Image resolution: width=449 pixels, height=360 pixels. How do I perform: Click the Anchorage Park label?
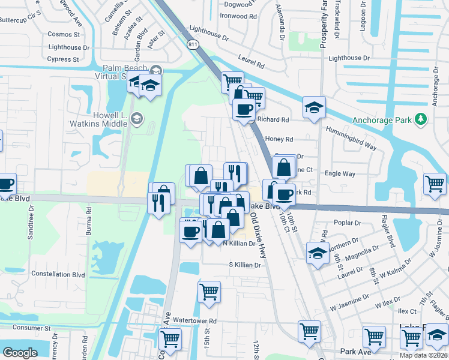pos(382,120)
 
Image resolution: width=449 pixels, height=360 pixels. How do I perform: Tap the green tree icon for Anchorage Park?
pos(421,119)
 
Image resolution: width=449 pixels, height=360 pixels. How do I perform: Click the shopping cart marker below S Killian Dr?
pos(209,292)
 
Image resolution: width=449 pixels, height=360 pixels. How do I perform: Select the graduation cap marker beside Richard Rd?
pos(314,108)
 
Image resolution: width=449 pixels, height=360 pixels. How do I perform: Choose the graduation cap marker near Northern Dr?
pos(318,252)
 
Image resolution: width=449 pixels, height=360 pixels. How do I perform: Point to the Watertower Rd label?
pos(195,321)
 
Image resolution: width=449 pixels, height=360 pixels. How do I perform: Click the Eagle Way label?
pos(340,174)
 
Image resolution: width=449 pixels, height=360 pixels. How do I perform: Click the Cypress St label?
pos(63,59)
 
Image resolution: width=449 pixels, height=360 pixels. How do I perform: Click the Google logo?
pos(20,352)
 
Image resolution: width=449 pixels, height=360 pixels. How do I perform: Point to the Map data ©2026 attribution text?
pos(424,355)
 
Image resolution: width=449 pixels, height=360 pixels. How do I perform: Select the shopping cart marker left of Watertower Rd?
pos(170,338)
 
